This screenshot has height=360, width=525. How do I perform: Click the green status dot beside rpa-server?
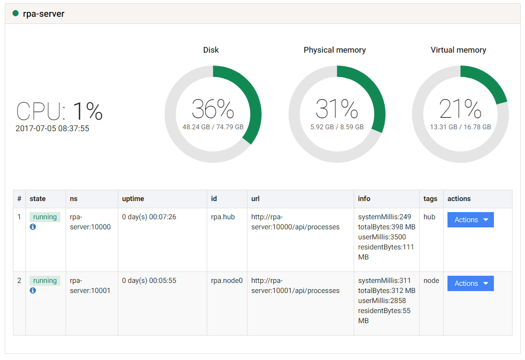pos(15,13)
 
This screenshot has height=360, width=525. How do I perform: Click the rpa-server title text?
pos(44,14)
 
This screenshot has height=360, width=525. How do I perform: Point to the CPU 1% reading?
pos(59,111)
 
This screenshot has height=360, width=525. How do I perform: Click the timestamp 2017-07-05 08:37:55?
pos(52,129)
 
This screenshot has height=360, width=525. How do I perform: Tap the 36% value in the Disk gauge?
pos(213,109)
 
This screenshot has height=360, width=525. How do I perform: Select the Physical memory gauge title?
pos(335,50)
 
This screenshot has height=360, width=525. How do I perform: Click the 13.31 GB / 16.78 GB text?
pos(460,127)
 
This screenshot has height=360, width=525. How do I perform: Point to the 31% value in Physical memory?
pos(337,109)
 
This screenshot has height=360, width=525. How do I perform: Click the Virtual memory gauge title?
pos(458,50)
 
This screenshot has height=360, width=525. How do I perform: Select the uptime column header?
pos(133,199)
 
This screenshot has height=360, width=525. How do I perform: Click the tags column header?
pos(430,199)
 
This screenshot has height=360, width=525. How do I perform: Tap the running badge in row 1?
pos(45,217)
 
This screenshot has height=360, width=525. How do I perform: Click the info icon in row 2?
pos(33,290)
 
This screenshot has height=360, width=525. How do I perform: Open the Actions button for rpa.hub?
pos(470,220)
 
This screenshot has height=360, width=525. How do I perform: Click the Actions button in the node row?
pos(470,283)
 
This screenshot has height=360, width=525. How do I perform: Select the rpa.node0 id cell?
pos(227,281)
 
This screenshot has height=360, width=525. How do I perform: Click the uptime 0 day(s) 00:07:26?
pos(149,217)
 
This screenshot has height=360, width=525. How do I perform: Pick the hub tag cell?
pos(429,217)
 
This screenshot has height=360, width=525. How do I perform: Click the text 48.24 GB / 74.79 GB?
pos(213,127)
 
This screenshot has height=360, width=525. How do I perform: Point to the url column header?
pos(256,199)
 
